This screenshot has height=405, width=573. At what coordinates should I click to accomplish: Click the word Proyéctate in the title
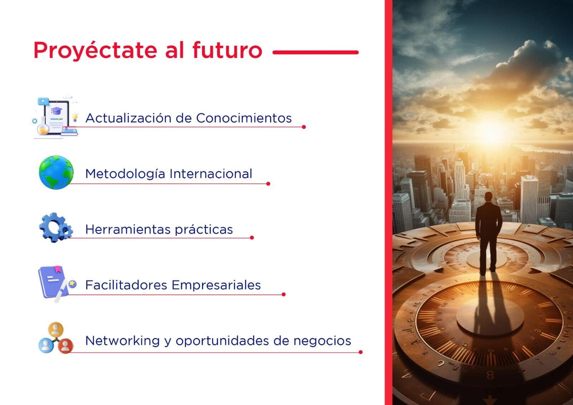pyautogui.click(x=95, y=50)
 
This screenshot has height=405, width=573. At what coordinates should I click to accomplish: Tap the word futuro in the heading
pyautogui.click(x=227, y=50)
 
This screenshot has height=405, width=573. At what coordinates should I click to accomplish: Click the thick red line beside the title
pyautogui.click(x=316, y=52)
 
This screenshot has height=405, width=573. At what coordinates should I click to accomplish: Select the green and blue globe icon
pyautogui.click(x=56, y=173)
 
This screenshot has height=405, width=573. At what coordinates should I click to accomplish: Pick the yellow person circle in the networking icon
pyautogui.click(x=56, y=329)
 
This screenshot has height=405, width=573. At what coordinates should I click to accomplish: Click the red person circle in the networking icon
pyautogui.click(x=66, y=346)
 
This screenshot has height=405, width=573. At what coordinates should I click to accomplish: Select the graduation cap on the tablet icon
pyautogui.click(x=56, y=111)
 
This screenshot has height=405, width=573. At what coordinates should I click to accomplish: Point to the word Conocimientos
pyautogui.click(x=244, y=118)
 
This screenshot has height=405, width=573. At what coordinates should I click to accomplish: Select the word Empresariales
pyautogui.click(x=216, y=285)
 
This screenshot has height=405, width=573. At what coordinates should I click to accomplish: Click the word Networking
pyautogui.click(x=122, y=341)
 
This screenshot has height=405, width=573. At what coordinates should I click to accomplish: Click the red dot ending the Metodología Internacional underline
pyautogui.click(x=268, y=184)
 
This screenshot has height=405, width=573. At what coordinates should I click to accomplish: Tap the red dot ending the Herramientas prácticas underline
pyautogui.click(x=252, y=238)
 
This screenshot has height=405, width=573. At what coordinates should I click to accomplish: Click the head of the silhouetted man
pyautogui.click(x=488, y=197)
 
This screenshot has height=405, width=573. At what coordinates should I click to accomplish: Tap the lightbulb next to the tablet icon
pyautogui.click(x=75, y=117)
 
